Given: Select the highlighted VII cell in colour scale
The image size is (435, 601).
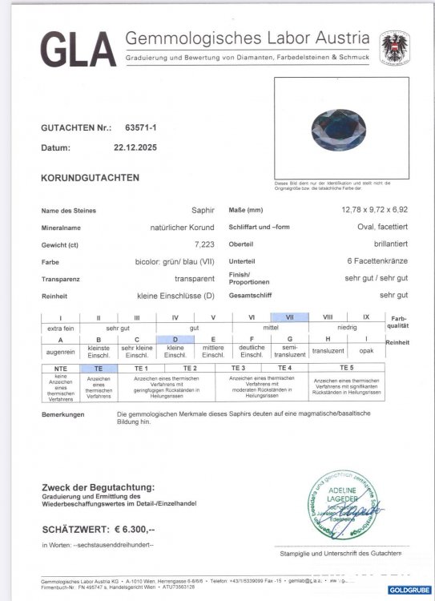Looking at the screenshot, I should [291, 317].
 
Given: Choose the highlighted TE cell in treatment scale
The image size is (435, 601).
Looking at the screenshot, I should [99, 366].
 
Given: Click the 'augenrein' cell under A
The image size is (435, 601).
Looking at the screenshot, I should [60, 351].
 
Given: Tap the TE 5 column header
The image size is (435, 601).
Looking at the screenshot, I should [345, 366].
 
